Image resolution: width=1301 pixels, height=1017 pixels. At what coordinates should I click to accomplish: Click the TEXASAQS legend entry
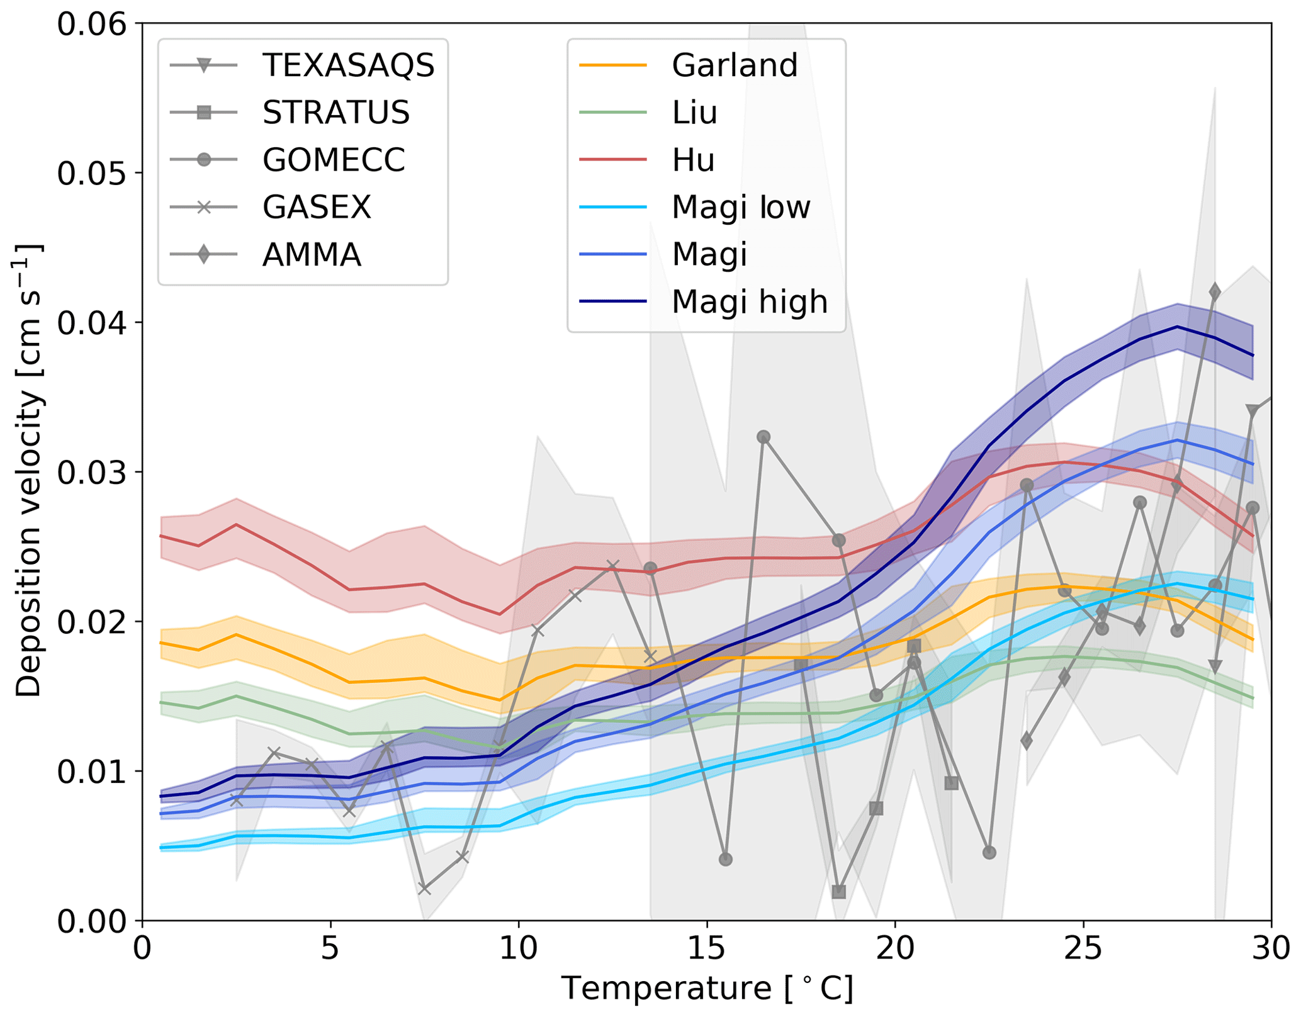348,65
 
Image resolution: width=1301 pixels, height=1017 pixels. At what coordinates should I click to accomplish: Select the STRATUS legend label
336,113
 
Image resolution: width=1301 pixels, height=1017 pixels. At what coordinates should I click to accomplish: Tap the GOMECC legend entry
334,160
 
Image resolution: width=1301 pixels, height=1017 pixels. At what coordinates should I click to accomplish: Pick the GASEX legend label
317,207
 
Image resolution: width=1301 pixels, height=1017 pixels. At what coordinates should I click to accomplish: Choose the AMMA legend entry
312,255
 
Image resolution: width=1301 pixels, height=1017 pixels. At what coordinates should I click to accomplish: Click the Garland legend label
735,65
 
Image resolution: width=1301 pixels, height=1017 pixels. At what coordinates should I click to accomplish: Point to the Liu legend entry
694,113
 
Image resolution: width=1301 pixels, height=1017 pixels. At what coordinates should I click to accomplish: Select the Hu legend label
693,160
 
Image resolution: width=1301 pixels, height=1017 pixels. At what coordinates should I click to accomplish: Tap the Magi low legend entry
741,207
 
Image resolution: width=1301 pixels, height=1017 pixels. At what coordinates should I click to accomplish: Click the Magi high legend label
749,302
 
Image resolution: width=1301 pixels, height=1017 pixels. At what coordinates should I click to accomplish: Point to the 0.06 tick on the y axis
91,25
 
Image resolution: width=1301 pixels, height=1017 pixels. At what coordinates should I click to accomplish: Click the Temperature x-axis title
707,988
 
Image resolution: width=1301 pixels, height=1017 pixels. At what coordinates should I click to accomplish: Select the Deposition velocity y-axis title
28,471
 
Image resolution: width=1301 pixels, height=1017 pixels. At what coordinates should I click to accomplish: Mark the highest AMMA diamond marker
1215,292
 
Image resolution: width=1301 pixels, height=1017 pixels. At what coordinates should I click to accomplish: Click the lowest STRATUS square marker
838,892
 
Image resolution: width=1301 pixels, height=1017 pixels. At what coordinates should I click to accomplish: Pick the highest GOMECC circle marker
763,437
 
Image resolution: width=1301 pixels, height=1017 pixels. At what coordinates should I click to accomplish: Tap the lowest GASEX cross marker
424,889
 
